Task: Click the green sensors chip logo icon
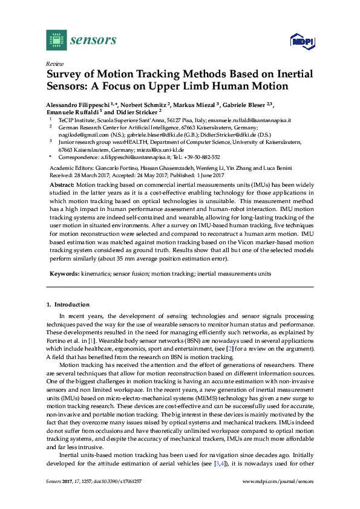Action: pyautogui.click(x=56, y=40)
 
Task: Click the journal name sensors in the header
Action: pyautogui.click(x=93, y=41)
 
